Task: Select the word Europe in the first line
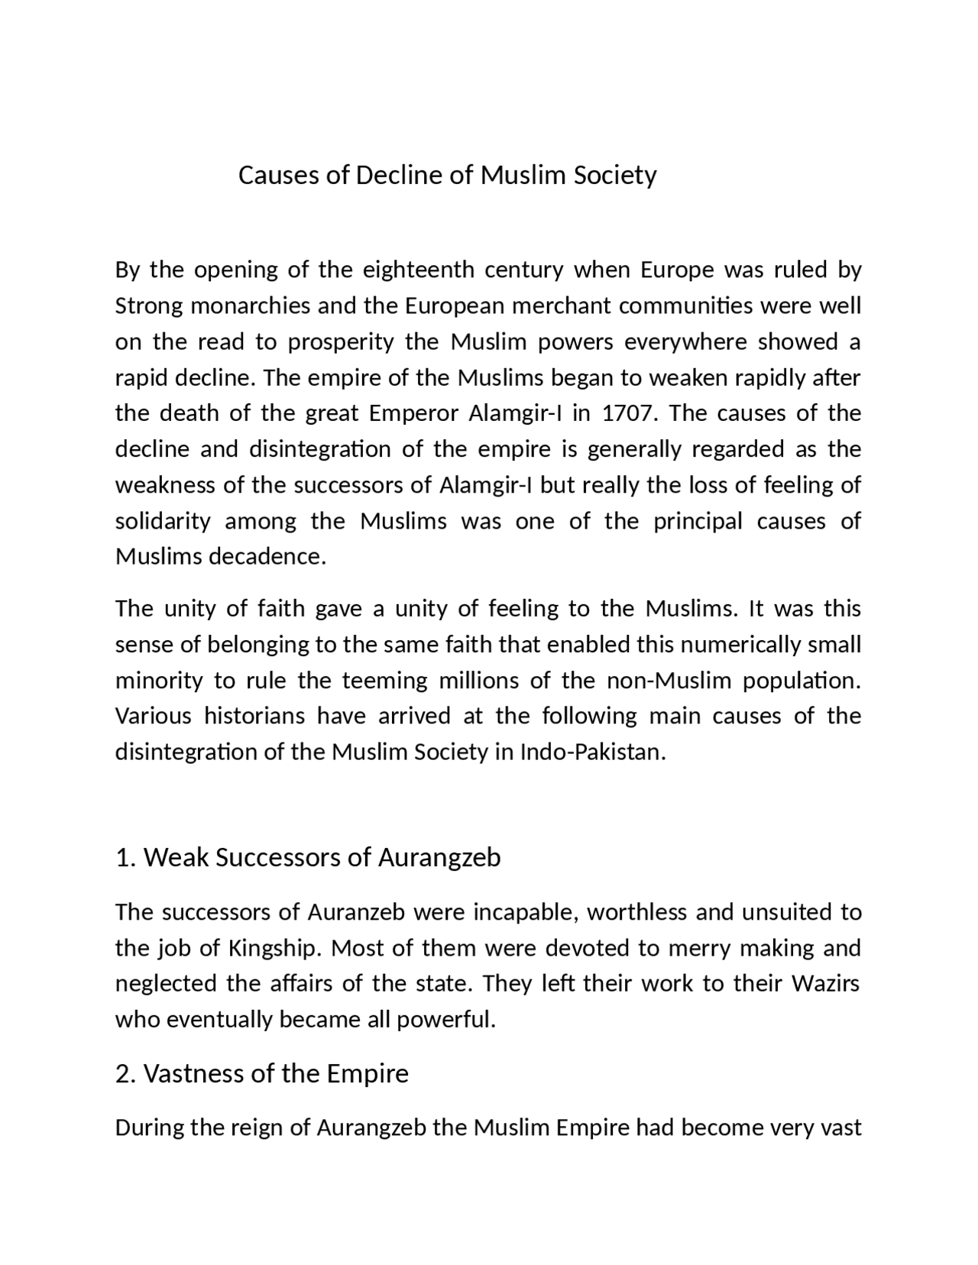[x=677, y=270]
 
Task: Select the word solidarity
[x=163, y=522]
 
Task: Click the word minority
[x=159, y=681]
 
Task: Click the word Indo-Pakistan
[x=593, y=752]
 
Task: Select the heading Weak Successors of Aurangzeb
[x=308, y=858]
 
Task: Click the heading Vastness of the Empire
[x=261, y=1074]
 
